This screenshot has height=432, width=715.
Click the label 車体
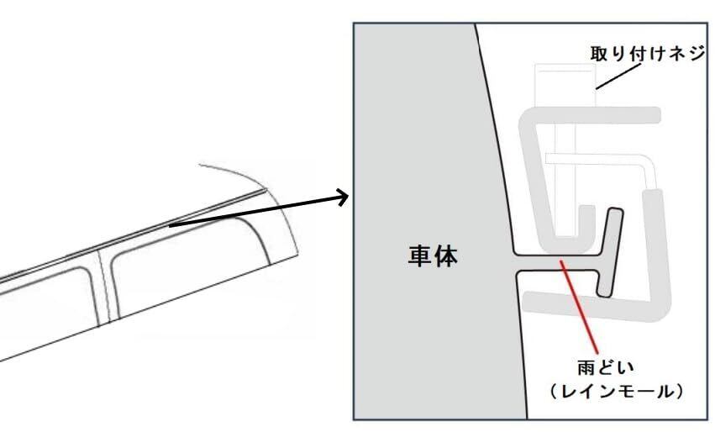point(433,256)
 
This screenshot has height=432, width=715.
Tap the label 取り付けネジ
point(648,54)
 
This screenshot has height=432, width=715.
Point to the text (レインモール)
point(617,392)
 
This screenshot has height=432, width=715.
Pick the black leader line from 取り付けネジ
point(618,76)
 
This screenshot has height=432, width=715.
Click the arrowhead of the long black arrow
point(344,197)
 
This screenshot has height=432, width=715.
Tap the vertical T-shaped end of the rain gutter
point(610,252)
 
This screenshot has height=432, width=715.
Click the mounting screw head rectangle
point(565,86)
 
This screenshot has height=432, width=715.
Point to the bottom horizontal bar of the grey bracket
point(597,307)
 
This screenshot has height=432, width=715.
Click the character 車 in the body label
point(419,256)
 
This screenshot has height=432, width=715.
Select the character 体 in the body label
point(446,256)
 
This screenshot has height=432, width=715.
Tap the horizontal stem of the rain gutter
point(556,262)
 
